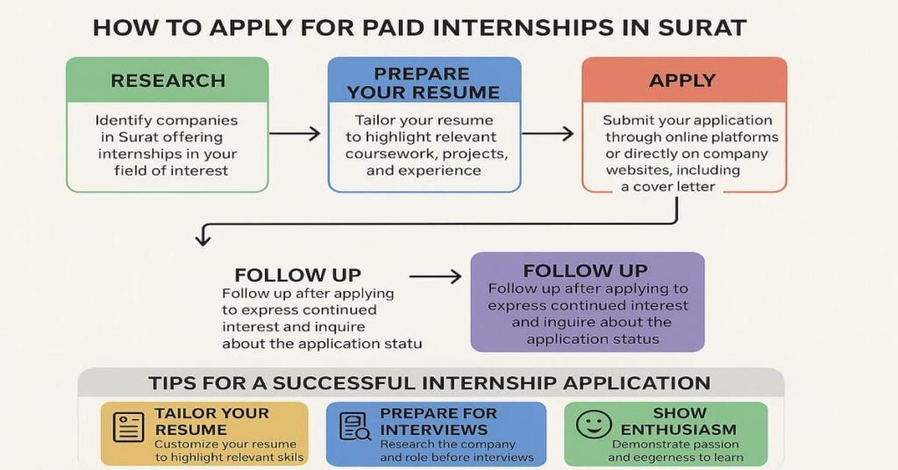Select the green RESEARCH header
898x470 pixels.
point(167,81)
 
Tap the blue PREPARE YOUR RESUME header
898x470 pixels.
point(424,83)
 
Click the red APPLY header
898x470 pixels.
point(684,81)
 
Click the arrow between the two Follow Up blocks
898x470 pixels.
point(435,277)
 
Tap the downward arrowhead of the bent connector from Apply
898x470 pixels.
point(203,239)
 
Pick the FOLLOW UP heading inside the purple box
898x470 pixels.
point(585,271)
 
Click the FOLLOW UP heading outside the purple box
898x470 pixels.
point(297,275)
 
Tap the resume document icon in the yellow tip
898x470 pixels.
point(128,427)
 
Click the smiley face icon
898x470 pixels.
point(594,424)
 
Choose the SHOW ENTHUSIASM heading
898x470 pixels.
point(679,421)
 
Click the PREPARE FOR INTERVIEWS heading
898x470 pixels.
point(438,421)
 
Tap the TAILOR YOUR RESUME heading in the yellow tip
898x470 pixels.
point(211,421)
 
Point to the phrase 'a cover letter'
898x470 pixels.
point(668,187)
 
